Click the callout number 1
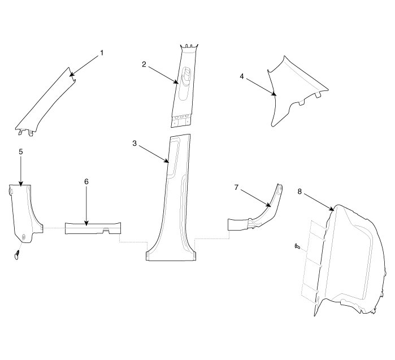102,53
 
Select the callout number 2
144,64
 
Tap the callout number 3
134,144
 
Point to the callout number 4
241,75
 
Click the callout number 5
20,152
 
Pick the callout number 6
86,181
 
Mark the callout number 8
299,192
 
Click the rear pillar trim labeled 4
288,90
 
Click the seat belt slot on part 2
187,76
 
